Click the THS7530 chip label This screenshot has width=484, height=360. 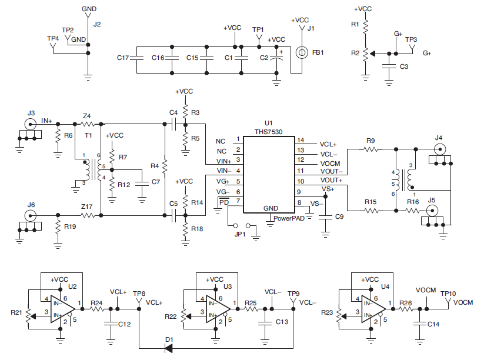[x=268, y=133]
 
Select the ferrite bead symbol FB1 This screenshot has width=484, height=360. [x=302, y=52]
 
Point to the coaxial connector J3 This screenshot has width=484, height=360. [x=31, y=124]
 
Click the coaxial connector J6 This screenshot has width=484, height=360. [x=31, y=215]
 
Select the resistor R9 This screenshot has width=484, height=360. [x=370, y=149]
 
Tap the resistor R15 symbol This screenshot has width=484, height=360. [x=370, y=210]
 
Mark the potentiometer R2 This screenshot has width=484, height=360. [x=365, y=54]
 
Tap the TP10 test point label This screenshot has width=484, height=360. [x=448, y=293]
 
